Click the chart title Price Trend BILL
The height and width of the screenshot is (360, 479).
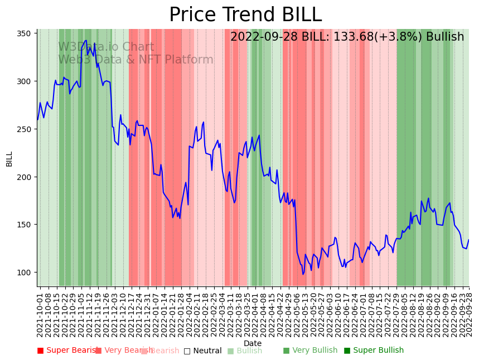click(x=245, y=15)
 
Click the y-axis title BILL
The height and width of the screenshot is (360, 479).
click(x=9, y=158)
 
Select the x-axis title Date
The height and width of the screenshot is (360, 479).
click(x=253, y=343)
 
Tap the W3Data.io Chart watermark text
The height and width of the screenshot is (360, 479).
click(x=106, y=47)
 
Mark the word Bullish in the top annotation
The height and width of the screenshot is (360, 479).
click(x=444, y=37)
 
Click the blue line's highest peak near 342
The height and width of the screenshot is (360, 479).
click(x=86, y=40)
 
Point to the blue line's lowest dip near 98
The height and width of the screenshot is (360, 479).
click(x=303, y=274)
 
